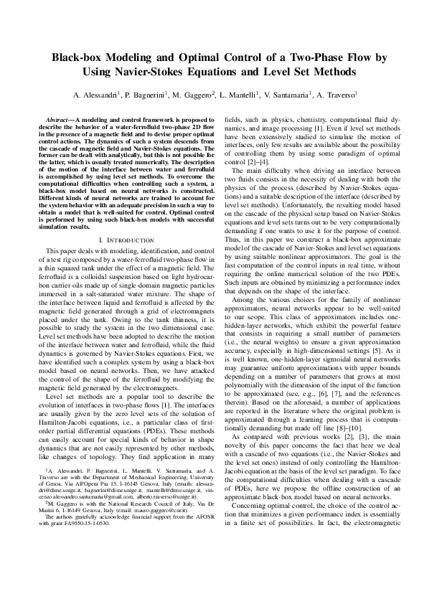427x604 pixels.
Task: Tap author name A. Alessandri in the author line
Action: (x=98, y=95)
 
